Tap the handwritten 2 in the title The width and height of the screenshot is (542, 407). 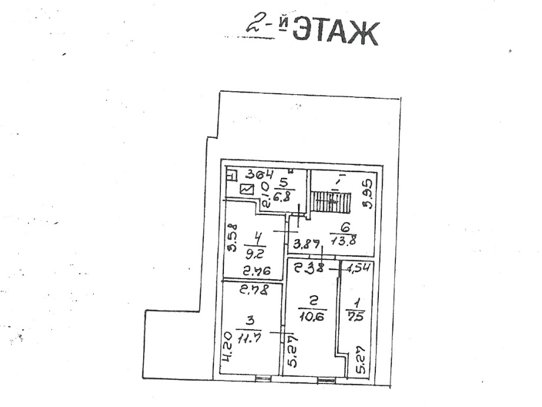tap(256, 25)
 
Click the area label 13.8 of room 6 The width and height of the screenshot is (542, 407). tap(345, 241)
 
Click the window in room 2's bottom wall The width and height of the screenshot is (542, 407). tap(326, 378)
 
